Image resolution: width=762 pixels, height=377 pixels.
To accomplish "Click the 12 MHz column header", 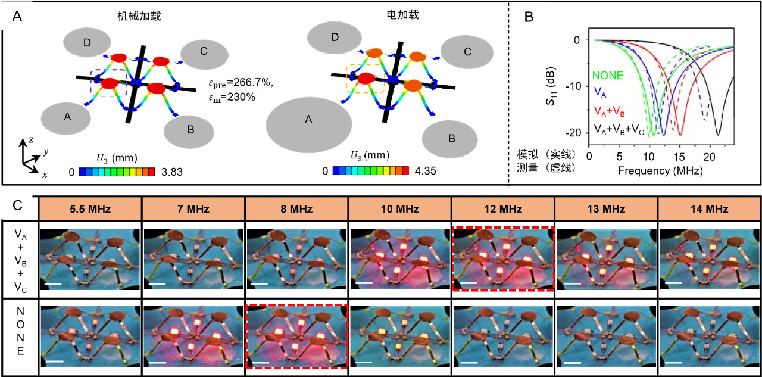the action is pyautogui.click(x=503, y=208).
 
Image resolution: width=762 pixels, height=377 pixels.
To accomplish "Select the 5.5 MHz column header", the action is pyautogui.click(x=90, y=208).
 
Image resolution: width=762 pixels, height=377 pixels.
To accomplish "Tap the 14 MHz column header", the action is pyautogui.click(x=709, y=208).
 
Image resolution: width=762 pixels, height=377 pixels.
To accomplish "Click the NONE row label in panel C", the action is pyautogui.click(x=20, y=331).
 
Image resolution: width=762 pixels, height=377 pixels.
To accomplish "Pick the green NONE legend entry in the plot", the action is pyautogui.click(x=608, y=75).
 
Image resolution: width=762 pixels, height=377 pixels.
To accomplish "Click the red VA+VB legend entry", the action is pyautogui.click(x=609, y=111).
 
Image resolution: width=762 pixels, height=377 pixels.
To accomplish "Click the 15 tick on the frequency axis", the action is pyautogui.click(x=679, y=157).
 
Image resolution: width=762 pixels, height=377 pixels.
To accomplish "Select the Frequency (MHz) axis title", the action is pyautogui.click(x=660, y=170).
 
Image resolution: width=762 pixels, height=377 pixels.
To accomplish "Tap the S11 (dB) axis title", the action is pyautogui.click(x=551, y=86).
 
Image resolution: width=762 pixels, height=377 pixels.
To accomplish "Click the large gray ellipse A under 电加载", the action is pyautogui.click(x=309, y=125).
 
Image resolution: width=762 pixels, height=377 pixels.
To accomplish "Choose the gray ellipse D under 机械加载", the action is pyautogui.click(x=87, y=42).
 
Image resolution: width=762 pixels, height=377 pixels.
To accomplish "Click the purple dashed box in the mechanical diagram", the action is pyautogui.click(x=109, y=70).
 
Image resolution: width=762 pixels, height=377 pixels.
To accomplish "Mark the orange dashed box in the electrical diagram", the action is pyautogui.click(x=366, y=64).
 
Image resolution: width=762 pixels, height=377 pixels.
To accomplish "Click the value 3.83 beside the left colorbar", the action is pyautogui.click(x=172, y=172).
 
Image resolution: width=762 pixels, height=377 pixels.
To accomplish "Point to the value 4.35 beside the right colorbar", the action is pyautogui.click(x=425, y=171).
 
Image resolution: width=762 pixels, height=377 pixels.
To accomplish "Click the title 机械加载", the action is pyautogui.click(x=139, y=16).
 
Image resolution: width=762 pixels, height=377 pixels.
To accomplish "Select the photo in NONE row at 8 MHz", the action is pyautogui.click(x=296, y=336).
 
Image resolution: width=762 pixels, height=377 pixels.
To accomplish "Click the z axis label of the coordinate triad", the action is pyautogui.click(x=32, y=140).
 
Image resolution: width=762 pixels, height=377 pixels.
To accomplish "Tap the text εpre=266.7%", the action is pyautogui.click(x=241, y=83).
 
